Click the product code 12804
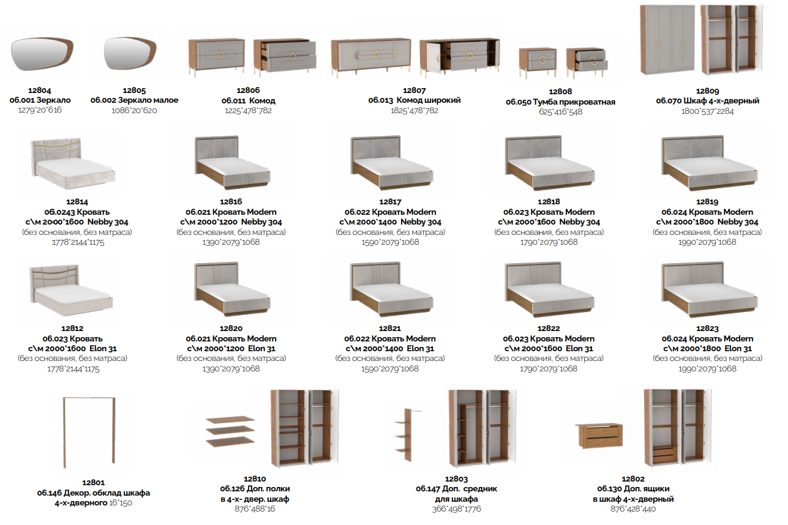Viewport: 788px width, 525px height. click(40, 91)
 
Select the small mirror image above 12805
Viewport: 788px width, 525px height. click(130, 53)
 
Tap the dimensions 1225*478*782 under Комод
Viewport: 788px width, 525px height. click(249, 111)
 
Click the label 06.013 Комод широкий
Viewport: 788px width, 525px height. click(415, 100)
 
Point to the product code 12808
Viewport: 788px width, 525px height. click(560, 92)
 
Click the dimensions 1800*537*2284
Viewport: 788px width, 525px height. click(707, 111)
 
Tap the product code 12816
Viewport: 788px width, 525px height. click(231, 202)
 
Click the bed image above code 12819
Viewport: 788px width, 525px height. click(710, 163)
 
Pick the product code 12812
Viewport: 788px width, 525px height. click(72, 329)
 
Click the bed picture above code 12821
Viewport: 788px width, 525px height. click(391, 289)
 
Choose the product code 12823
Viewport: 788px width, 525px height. click(707, 329)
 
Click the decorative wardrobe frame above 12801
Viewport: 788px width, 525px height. click(89, 433)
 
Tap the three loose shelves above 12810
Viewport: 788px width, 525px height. click(230, 431)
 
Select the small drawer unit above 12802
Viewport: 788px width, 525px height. click(599, 436)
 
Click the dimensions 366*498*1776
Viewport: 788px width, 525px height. click(456, 509)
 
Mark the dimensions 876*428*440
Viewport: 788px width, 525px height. click(633, 509)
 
